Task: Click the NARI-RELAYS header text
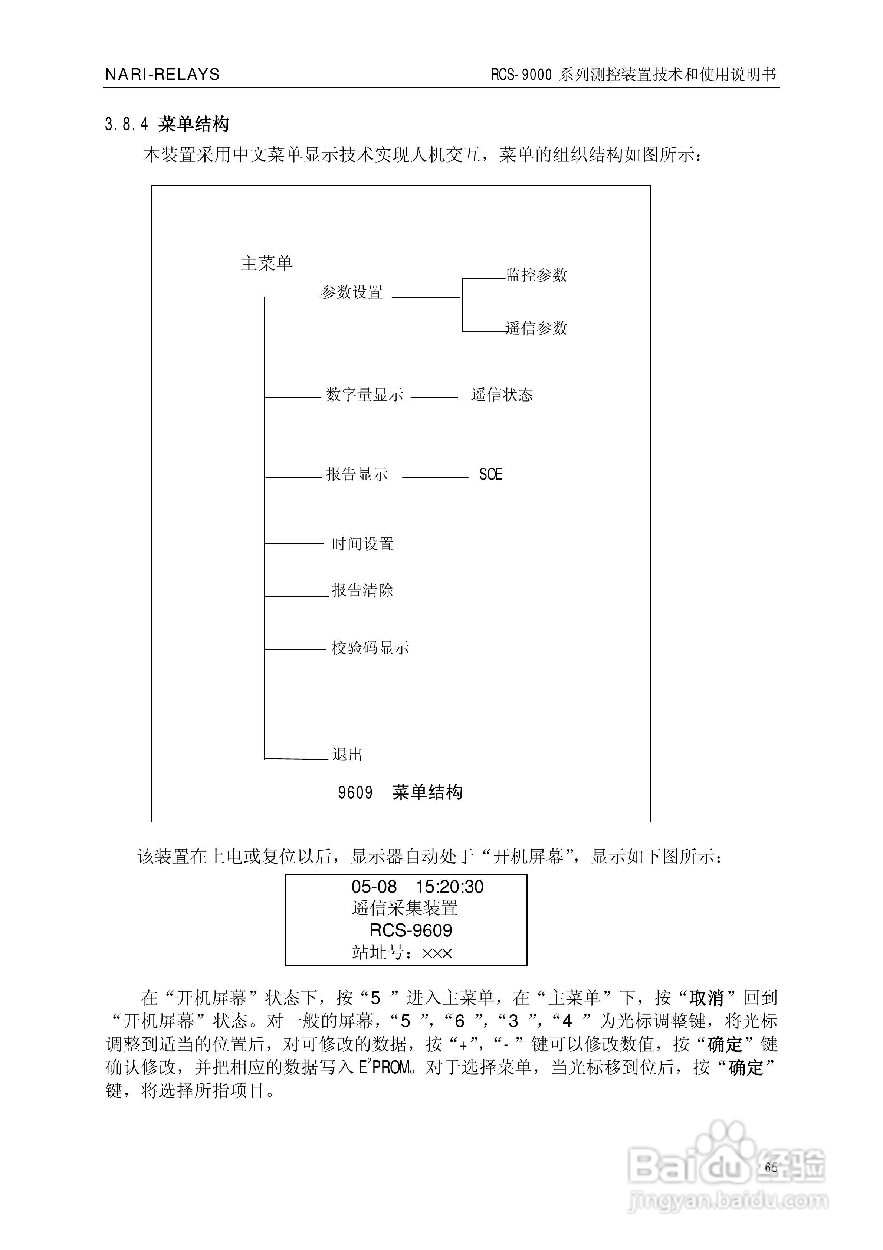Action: point(162,75)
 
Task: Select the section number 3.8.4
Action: point(126,125)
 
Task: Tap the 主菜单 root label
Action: point(267,264)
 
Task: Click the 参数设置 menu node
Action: point(352,292)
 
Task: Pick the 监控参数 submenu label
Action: point(537,275)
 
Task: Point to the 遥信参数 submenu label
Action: point(537,328)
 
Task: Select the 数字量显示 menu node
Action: point(365,395)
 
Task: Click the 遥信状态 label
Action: point(502,395)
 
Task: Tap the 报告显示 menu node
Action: point(357,474)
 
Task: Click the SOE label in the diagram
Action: point(490,474)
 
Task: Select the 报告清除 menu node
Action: point(362,590)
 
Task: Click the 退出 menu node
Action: point(347,755)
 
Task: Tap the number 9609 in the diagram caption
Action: point(355,793)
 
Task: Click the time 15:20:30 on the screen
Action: point(450,887)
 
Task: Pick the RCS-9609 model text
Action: point(411,930)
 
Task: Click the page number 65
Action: point(771,1167)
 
